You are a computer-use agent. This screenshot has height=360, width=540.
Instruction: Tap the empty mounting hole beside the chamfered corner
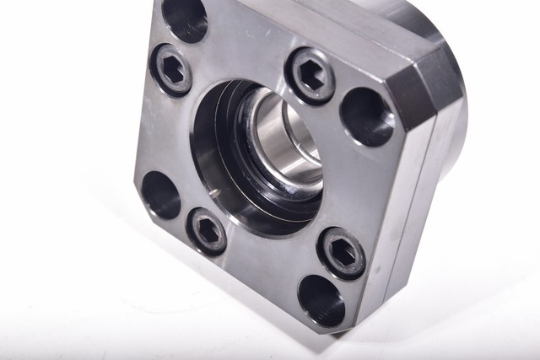tap(367, 116)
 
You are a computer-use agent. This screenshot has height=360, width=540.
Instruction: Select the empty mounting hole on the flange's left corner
tap(160, 196)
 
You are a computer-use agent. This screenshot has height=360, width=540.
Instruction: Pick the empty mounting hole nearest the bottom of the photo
tap(321, 299)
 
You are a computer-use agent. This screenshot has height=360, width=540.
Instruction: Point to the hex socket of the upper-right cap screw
tap(310, 75)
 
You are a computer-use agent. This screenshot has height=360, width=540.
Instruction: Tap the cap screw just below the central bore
tap(207, 229)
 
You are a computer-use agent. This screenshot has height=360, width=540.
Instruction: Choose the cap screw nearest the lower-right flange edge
tap(341, 251)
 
